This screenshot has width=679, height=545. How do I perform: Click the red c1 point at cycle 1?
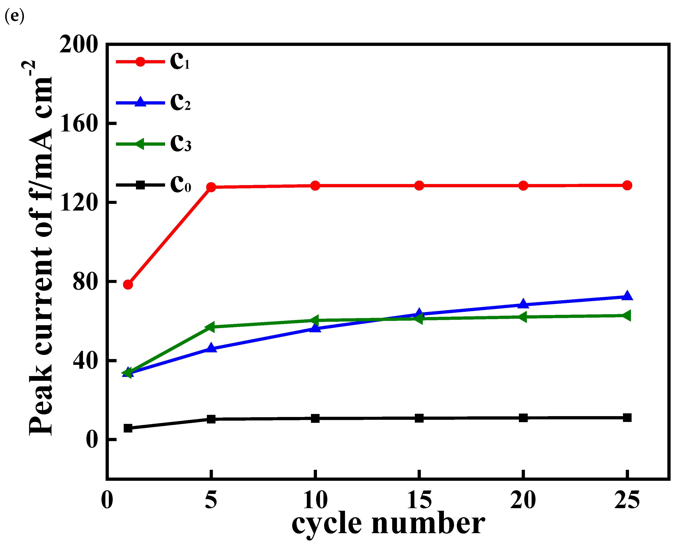pos(128,284)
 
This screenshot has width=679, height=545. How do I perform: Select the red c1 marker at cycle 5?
pos(211,187)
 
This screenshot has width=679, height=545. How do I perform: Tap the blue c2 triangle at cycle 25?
pos(627,297)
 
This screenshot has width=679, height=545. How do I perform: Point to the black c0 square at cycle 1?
pos(128,428)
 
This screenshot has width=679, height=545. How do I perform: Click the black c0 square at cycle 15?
pos(419,418)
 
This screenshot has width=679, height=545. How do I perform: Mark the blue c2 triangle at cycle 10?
pos(315,329)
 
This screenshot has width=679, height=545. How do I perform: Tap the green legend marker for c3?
pos(140,144)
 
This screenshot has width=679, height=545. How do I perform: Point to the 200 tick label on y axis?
pos(78,44)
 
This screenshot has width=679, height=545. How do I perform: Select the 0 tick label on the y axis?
pos(91,439)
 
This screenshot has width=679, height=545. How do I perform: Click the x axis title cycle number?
pos(388,524)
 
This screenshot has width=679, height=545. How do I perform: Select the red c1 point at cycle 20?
pos(523,186)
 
